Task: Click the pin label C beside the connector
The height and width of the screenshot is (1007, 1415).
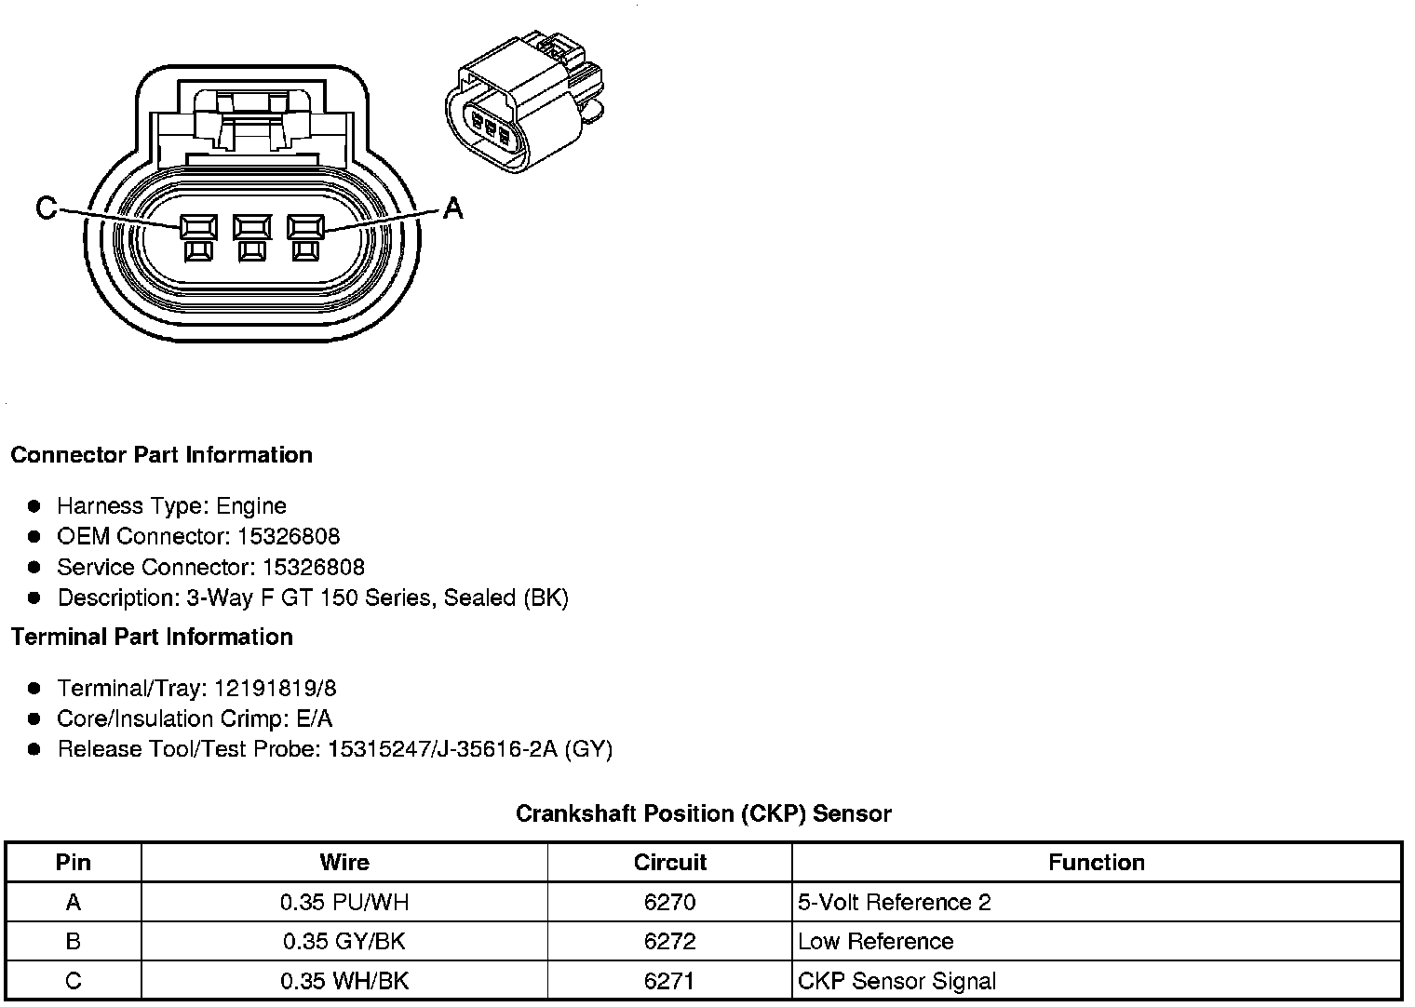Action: [x=45, y=208]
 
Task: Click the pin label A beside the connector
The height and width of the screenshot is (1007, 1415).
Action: [x=452, y=208]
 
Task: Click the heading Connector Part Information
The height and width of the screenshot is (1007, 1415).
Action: [x=161, y=455]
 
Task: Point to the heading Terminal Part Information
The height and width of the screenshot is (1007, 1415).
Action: [x=152, y=637]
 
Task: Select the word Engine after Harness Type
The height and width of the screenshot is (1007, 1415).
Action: [x=251, y=506]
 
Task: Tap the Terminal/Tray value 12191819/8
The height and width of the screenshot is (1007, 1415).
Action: [x=276, y=689]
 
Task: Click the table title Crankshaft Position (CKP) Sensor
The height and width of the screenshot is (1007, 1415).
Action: [x=703, y=813]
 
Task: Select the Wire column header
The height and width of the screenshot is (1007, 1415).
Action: [x=344, y=863]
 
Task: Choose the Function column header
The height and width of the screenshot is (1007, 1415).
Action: [x=1096, y=863]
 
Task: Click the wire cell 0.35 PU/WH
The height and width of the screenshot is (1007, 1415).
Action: [x=344, y=902]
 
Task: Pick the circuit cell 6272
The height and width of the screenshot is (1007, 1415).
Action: [x=669, y=941]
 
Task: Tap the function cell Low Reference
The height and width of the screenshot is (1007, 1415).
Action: [x=875, y=941]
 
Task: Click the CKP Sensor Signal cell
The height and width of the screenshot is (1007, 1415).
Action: [x=896, y=981]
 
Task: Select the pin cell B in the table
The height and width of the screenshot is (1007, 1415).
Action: [x=74, y=941]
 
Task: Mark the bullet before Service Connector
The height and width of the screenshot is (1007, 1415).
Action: [x=34, y=567]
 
